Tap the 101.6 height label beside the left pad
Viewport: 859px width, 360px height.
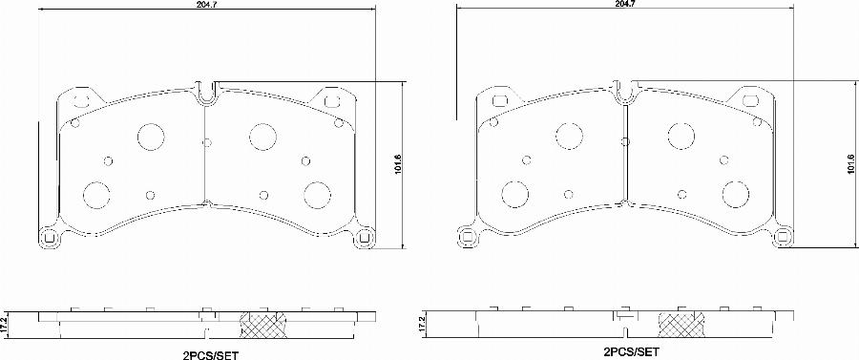coord(398,164)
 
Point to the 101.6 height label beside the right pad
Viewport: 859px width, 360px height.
coord(849,164)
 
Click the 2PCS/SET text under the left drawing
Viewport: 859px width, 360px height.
coord(211,355)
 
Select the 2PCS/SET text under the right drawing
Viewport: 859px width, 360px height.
coord(630,351)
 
